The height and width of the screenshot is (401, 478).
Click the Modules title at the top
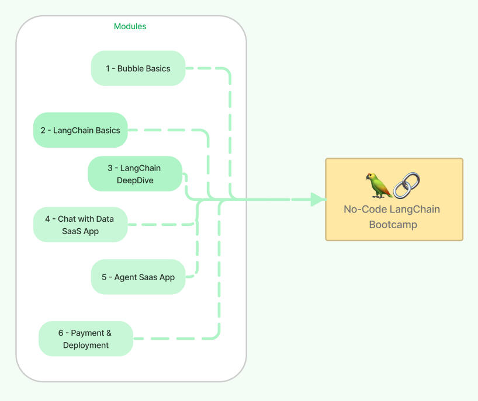130,26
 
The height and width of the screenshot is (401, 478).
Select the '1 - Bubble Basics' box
138,68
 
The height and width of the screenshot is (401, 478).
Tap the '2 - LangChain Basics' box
80,130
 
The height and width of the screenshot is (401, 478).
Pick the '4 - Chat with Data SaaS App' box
80,225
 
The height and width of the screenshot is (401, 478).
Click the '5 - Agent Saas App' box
138,277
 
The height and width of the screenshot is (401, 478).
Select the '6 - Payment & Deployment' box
86,339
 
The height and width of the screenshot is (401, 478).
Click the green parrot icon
379,185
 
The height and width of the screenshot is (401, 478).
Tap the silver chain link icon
407,185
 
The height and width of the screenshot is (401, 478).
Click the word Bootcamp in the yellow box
393,224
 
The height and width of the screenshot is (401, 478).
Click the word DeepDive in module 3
135,180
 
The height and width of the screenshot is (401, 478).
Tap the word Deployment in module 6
86,345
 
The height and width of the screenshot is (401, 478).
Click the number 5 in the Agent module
104,277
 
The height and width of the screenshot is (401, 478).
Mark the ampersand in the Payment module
108,333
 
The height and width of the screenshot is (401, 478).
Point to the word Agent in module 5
126,277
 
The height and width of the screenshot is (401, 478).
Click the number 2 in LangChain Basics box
43,130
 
